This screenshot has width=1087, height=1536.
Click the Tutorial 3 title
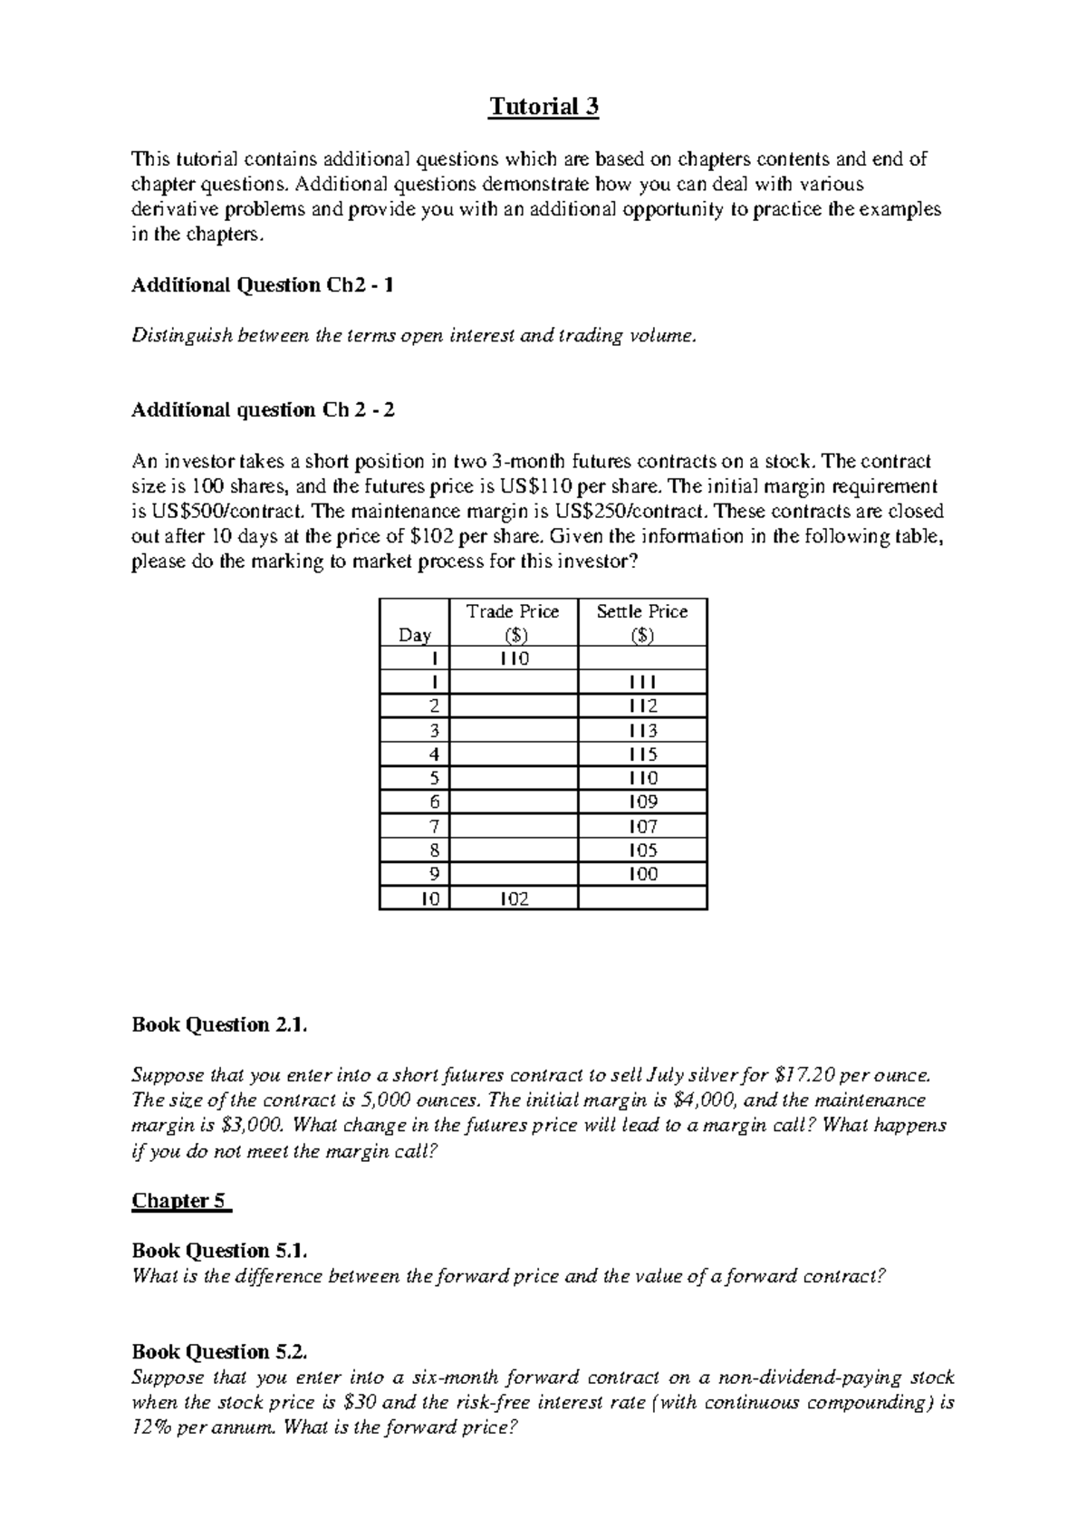[543, 108]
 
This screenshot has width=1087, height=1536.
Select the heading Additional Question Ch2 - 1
[263, 285]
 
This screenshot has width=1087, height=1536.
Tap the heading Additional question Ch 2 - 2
[263, 410]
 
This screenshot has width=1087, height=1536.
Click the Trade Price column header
[513, 622]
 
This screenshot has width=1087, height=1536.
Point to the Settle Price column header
[641, 622]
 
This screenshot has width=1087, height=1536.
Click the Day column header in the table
[414, 635]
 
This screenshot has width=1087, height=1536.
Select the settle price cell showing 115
[642, 754]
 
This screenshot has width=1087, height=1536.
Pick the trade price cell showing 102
[513, 898]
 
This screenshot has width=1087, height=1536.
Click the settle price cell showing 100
[642, 874]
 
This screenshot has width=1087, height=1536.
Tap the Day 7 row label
[434, 826]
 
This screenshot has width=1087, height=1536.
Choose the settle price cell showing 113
[642, 730]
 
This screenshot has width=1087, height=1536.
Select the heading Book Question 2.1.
[220, 1025]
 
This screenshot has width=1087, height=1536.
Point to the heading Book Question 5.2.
[220, 1352]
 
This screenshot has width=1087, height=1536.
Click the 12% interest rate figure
[151, 1428]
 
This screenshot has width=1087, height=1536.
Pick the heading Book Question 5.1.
[220, 1251]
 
